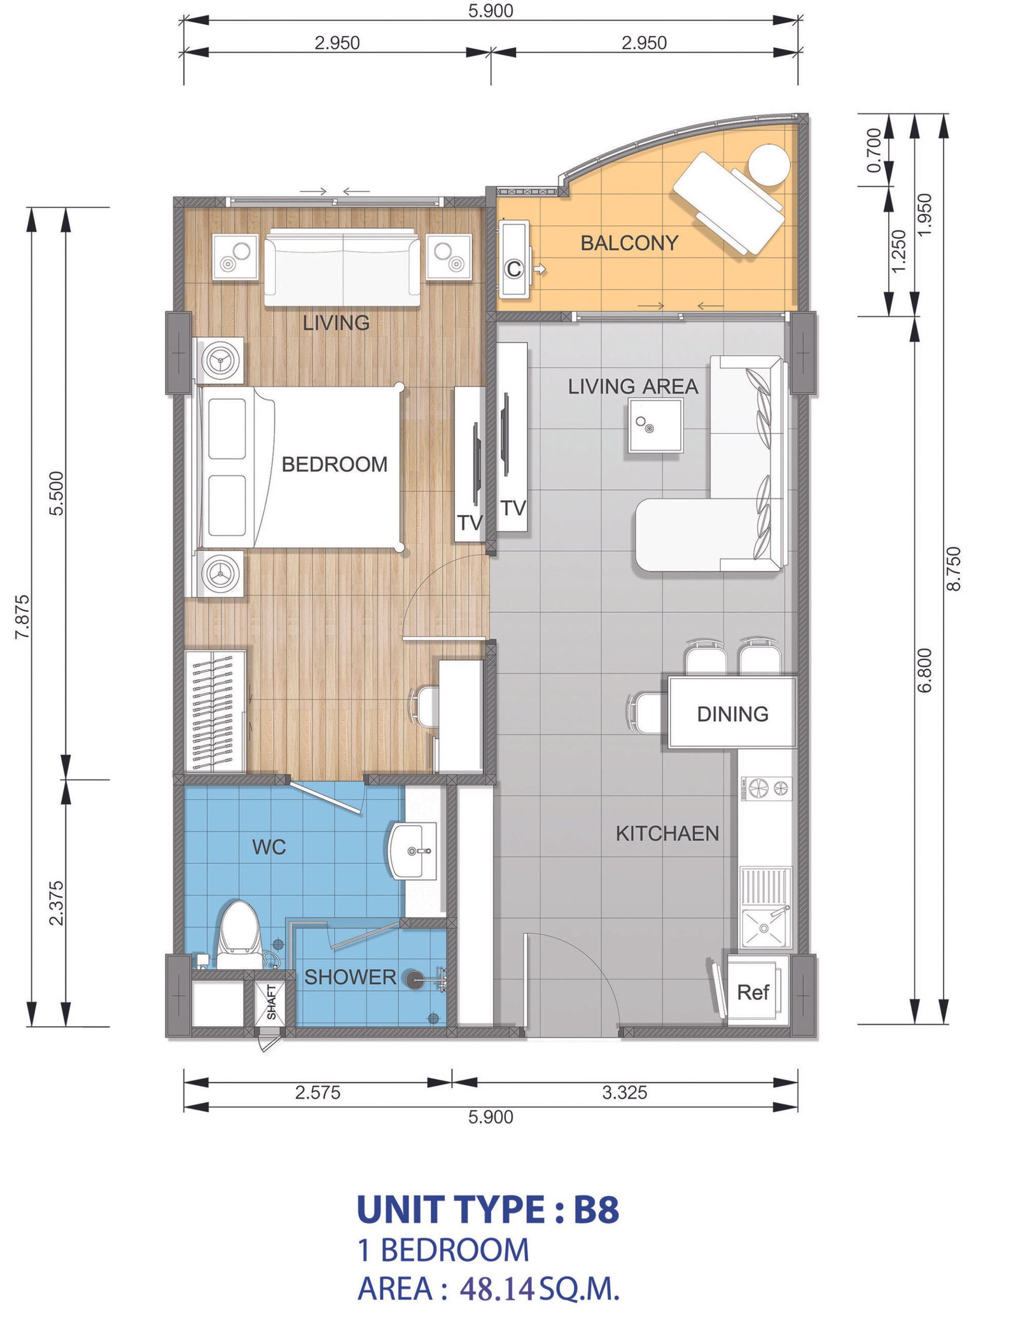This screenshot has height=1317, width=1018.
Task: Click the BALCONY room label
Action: coord(629,243)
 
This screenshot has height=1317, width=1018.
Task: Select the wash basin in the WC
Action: coord(412,850)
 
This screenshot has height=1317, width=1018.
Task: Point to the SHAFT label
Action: coord(272,1003)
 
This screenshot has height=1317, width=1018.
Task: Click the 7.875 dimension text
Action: coord(22,616)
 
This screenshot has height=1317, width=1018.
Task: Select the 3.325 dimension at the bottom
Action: coord(624,1092)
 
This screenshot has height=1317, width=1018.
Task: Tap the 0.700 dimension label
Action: coord(874,150)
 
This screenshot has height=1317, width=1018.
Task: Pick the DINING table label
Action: coord(732,714)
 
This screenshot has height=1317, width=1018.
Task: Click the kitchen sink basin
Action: coord(764,927)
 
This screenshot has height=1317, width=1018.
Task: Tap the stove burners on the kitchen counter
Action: coord(765,789)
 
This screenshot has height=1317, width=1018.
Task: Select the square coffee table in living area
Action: coord(655,425)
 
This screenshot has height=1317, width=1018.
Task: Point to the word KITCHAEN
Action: coord(667,833)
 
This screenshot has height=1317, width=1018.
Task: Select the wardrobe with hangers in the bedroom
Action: coord(215,711)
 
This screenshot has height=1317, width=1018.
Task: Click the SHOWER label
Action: coord(350,977)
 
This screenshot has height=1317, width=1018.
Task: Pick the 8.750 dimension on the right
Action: coord(953,568)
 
